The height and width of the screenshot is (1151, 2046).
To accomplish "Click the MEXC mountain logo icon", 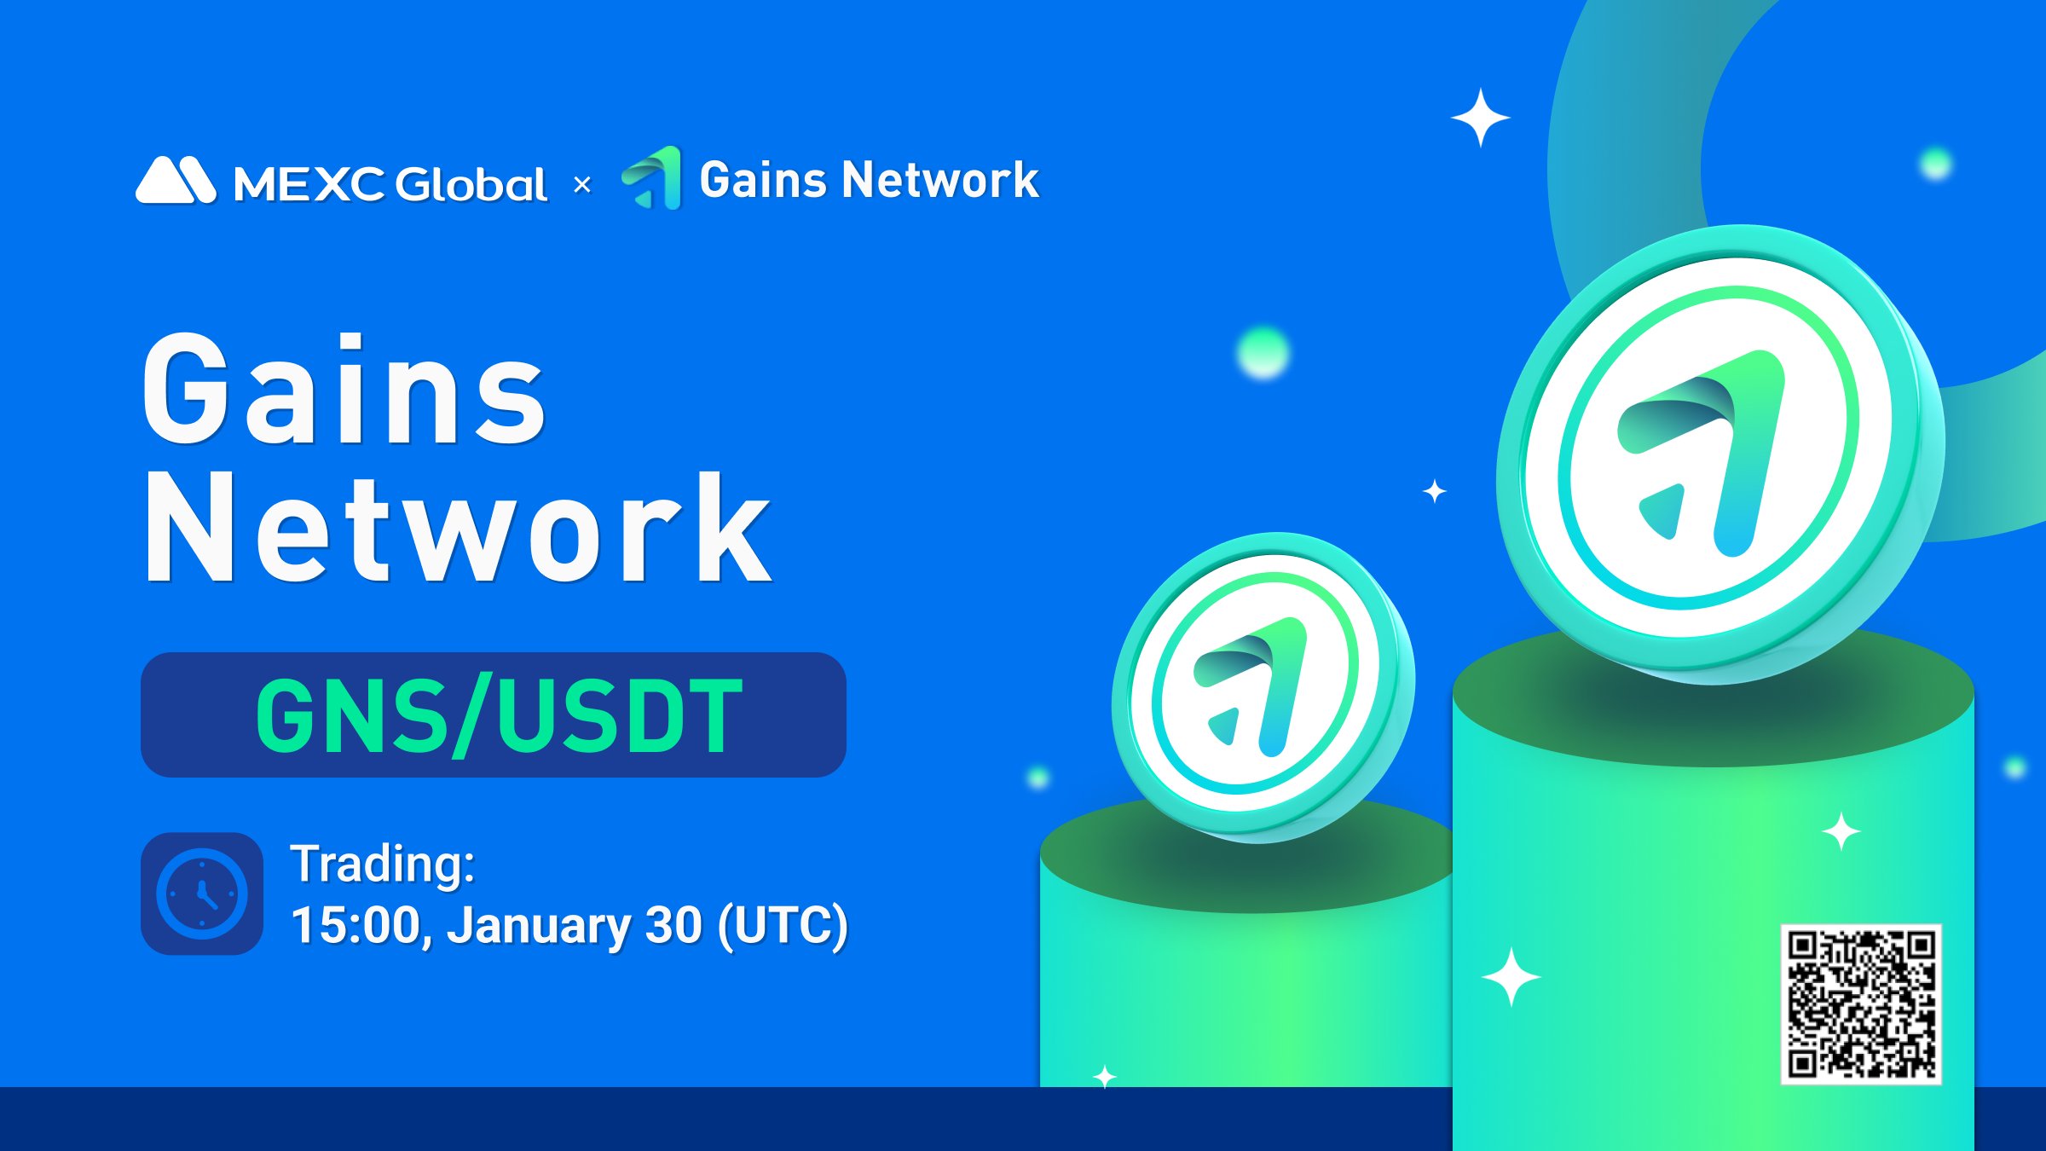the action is tap(176, 180).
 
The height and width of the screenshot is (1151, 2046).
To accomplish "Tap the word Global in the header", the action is tap(471, 183).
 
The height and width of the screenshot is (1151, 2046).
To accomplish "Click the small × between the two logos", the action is tap(582, 184).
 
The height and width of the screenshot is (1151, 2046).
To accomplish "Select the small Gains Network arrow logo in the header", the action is tap(652, 177).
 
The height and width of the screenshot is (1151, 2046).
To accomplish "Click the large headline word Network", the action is tap(458, 527).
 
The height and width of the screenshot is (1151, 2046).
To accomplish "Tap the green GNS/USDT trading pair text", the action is tap(499, 715).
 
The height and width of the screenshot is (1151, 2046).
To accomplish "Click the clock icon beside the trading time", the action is tap(202, 894).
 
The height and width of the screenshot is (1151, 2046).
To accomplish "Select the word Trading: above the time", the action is tap(383, 864).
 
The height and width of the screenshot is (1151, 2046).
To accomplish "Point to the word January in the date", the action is tap(538, 926).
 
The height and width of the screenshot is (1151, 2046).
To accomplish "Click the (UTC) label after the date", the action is tap(783, 926).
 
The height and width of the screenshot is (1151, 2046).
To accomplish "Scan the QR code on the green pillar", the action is tap(1861, 1004).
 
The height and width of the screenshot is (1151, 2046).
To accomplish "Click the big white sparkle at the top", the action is tap(1481, 118).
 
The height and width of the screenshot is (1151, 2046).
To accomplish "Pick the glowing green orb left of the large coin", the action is tap(1263, 352).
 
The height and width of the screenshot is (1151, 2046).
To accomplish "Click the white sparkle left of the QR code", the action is tap(1511, 976).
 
